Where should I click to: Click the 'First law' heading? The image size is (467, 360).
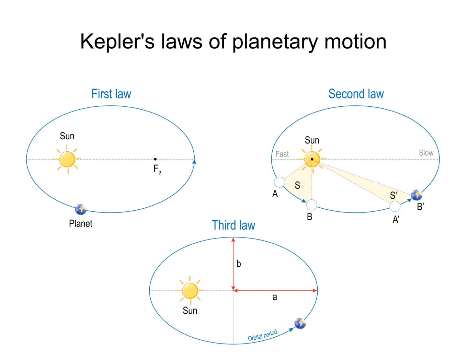tap(111, 94)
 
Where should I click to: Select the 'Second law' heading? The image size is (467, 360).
tap(356, 94)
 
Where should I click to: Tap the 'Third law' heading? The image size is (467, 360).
tap(233, 225)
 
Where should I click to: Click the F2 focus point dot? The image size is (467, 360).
tap(155, 159)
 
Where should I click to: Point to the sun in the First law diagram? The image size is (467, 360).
tap(67, 159)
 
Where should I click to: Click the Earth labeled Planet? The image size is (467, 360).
tap(81, 209)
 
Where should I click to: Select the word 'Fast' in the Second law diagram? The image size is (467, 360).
tap(282, 154)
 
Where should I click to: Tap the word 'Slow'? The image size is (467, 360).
tap(426, 153)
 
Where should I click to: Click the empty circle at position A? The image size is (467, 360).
tap(280, 182)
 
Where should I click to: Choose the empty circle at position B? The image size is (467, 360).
tap(311, 205)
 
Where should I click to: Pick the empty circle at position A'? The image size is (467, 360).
tap(395, 206)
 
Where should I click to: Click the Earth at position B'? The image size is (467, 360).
tap(417, 195)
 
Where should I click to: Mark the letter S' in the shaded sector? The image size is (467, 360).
tap(394, 196)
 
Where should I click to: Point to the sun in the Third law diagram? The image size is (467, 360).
tap(190, 291)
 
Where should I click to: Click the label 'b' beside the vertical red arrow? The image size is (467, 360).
tap(239, 264)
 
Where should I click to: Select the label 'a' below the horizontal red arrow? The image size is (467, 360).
tap(275, 297)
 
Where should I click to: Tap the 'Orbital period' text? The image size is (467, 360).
tap(263, 335)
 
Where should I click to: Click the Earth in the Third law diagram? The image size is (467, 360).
tap(300, 323)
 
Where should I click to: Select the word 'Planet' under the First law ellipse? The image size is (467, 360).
tap(81, 223)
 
